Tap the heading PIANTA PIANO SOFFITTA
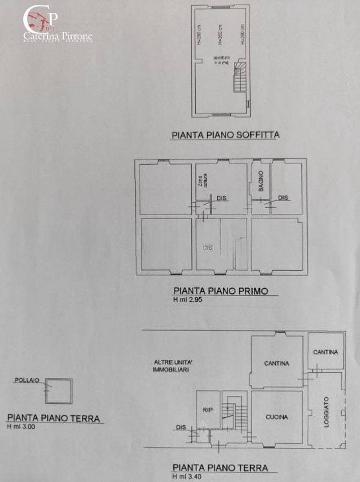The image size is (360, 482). coord(225,136)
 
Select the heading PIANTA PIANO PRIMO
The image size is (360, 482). coord(220,291)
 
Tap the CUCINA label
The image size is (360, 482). coord(277,417)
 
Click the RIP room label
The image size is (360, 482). coord(208,409)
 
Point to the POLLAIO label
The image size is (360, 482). coord(26,381)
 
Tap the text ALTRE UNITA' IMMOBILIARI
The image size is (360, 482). coord(171,365)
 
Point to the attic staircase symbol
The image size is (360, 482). coord(240,78)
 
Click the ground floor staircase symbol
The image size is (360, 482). coord(228,412)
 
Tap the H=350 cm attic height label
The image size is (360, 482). coord(220,34)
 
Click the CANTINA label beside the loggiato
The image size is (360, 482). coord(326,352)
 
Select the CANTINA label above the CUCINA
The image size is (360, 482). coord(277,363)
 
